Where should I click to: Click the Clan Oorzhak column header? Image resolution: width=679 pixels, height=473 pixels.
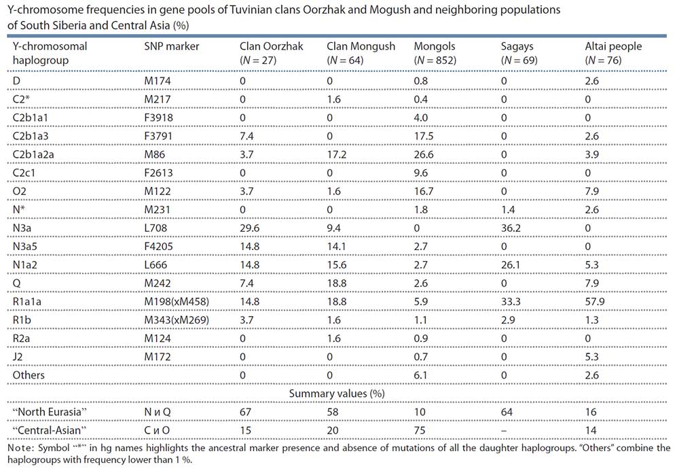[272, 53]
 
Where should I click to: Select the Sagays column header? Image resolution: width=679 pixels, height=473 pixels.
[519, 53]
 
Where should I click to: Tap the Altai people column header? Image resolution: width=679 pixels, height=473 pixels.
[613, 53]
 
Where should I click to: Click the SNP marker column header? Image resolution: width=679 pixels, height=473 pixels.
[172, 46]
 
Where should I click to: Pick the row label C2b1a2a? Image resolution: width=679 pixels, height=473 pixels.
[33, 154]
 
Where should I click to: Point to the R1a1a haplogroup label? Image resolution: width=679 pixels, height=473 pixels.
[27, 302]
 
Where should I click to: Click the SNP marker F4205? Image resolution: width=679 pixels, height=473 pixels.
[158, 247]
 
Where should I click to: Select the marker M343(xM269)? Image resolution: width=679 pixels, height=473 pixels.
[177, 320]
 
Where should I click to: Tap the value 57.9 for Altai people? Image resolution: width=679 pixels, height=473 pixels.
[595, 302]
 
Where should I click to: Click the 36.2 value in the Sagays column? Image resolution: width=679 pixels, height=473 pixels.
[511, 228]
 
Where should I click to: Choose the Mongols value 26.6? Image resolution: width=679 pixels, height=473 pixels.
[424, 154]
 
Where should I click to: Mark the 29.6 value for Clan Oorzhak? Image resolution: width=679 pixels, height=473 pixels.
[249, 228]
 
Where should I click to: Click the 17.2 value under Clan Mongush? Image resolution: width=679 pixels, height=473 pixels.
[337, 154]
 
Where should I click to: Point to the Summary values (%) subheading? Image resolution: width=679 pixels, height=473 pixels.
[337, 393]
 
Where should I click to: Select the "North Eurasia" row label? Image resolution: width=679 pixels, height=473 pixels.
[50, 412]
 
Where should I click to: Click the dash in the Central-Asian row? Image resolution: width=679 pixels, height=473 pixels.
[504, 430]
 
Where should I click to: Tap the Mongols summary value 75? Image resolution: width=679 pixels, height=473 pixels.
[420, 430]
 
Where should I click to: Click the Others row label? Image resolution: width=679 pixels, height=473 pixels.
[29, 375]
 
